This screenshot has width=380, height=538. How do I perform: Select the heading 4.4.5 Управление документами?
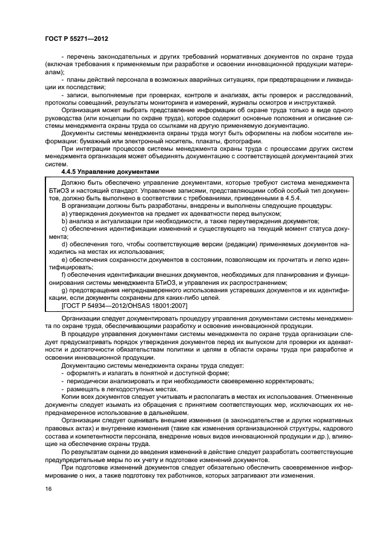point(109,171)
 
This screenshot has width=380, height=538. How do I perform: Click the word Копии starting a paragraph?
point(71,396)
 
